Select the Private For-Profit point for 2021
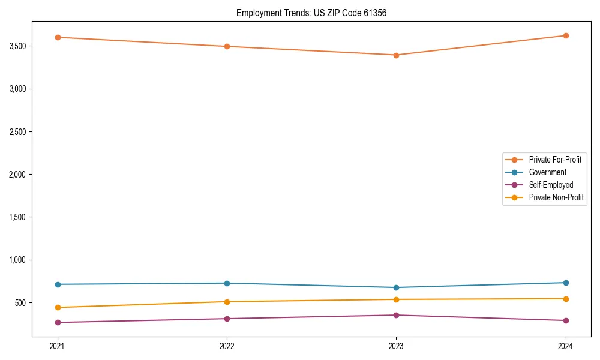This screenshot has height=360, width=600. coord(58,37)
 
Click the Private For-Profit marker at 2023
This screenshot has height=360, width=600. coord(396,55)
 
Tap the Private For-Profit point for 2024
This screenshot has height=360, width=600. coord(565,35)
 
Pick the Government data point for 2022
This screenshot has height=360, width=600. coord(227,283)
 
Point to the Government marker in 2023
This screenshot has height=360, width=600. coord(396,287)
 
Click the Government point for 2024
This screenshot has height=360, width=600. coord(565,283)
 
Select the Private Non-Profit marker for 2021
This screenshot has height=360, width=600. coord(58,307)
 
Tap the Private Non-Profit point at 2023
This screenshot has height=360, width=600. coord(396,299)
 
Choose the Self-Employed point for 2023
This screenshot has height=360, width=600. coord(396,315)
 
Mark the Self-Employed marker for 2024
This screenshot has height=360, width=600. coord(565,320)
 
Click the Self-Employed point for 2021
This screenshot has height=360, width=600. coord(58,322)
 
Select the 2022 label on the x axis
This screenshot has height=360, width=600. coord(227,346)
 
